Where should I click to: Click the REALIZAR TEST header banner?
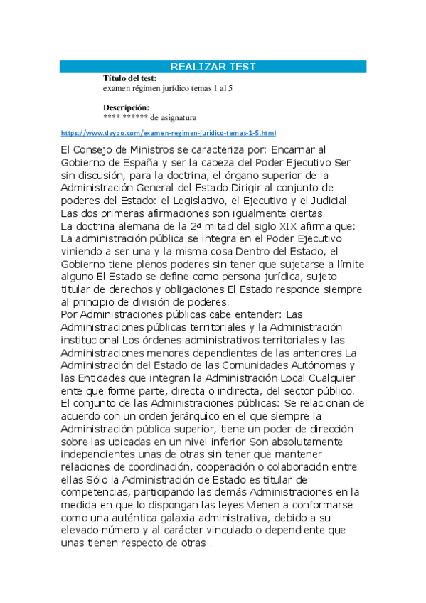point(213,67)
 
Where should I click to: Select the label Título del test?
point(130,78)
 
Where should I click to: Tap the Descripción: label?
point(126,107)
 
